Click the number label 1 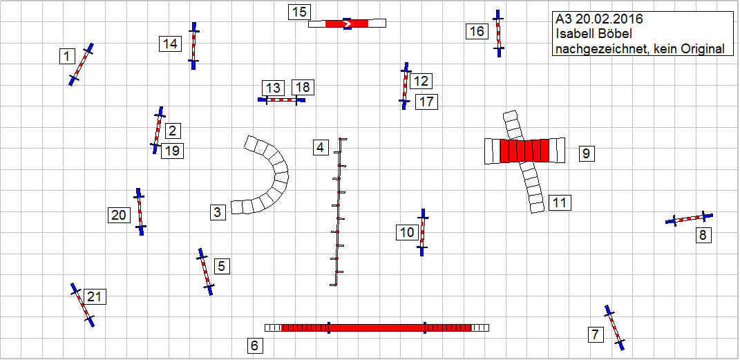pos(66,57)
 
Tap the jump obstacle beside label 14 pos(193,46)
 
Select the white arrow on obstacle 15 pos(347,23)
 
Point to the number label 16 pos(477,32)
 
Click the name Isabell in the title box pos(578,34)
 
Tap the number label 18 pos(303,87)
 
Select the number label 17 pos(426,102)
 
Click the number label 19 pos(172,151)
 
